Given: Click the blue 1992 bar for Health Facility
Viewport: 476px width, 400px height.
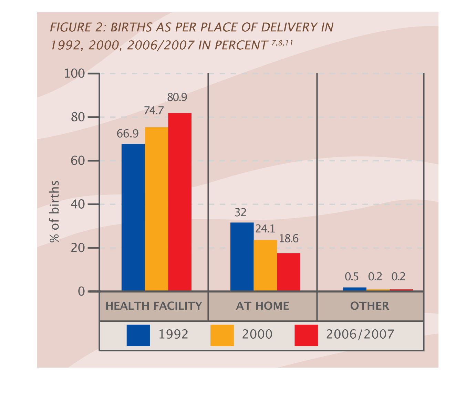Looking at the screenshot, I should [x=133, y=217].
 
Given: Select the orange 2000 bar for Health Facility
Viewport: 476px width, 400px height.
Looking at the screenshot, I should [x=156, y=209].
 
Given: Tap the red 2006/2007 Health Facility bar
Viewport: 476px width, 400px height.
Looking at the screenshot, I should [x=180, y=202].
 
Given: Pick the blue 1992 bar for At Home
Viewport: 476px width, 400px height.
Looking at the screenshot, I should [x=242, y=257].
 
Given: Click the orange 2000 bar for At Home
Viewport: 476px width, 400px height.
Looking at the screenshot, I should [x=265, y=265].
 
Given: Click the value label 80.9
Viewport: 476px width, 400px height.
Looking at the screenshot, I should [x=177, y=98].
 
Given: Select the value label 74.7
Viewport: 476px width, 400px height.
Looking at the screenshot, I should [x=154, y=111].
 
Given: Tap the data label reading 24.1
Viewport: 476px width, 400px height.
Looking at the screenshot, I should [x=265, y=229].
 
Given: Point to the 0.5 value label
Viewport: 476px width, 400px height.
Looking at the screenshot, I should [x=352, y=277].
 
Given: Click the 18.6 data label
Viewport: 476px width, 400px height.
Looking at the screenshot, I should [x=289, y=239].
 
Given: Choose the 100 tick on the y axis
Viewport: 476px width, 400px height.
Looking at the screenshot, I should [x=74, y=73].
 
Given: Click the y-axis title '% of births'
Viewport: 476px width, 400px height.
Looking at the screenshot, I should [x=54, y=211].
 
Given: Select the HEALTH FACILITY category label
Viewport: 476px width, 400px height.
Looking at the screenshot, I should [x=154, y=306].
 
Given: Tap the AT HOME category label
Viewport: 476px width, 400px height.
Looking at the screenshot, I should [x=262, y=306].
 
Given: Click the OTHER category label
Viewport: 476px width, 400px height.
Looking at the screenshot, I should [x=370, y=306].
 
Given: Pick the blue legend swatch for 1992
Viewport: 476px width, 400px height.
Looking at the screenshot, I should [x=138, y=335].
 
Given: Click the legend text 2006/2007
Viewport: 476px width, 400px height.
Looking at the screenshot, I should [x=360, y=334].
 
